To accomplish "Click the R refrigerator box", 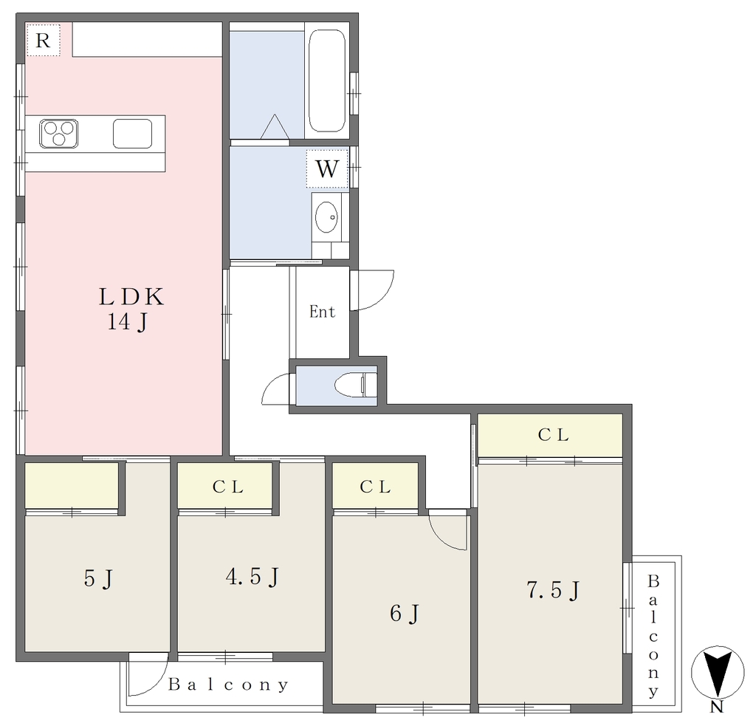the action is coord(43,40).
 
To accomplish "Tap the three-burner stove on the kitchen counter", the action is coord(59,134).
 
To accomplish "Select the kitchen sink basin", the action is coord(133,134).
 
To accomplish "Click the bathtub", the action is coord(327,81).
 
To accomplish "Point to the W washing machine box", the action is coord(327,168).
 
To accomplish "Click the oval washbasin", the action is coord(326,217).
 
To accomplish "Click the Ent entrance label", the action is coord(322,312).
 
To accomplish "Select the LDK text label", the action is coord(131,297).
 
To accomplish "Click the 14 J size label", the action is coord(127,322).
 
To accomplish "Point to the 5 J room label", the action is coord(98,578).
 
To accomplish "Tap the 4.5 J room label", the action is coord(252,577).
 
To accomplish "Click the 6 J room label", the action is coord(405,614).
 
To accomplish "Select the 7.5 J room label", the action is coord(552,590).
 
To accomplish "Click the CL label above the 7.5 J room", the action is coord(554,435).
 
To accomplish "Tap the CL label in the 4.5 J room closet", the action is coord(228,487).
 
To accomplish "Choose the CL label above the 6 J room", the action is coord(375,487).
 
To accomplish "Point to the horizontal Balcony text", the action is coord(229,685).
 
